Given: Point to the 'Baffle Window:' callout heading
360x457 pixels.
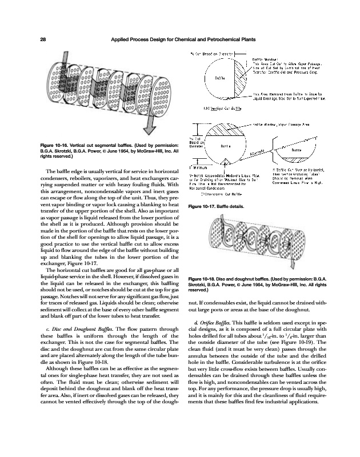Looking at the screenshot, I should point(265,59).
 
